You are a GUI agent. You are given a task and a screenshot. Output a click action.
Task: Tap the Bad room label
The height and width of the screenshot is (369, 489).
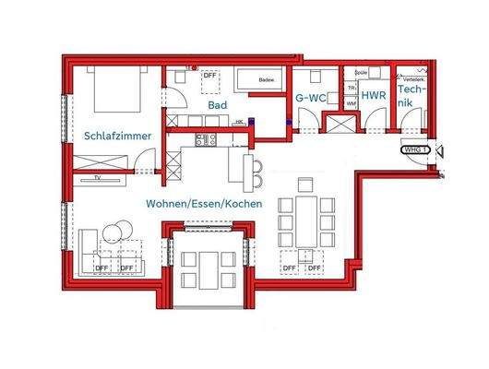(217, 105)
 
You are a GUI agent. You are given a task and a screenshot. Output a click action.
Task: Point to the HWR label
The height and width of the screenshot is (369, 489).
(373, 95)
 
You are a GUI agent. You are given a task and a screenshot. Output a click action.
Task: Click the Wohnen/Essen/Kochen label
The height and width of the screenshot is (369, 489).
(203, 203)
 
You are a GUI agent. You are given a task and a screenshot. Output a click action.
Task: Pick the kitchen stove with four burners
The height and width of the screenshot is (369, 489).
(205, 140)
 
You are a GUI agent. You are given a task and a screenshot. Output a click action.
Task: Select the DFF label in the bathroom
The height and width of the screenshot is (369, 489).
(209, 77)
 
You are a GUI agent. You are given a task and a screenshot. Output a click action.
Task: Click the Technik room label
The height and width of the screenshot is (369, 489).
(410, 103)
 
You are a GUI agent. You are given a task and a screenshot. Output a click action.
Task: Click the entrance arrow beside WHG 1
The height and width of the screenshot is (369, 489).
(439, 150)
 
